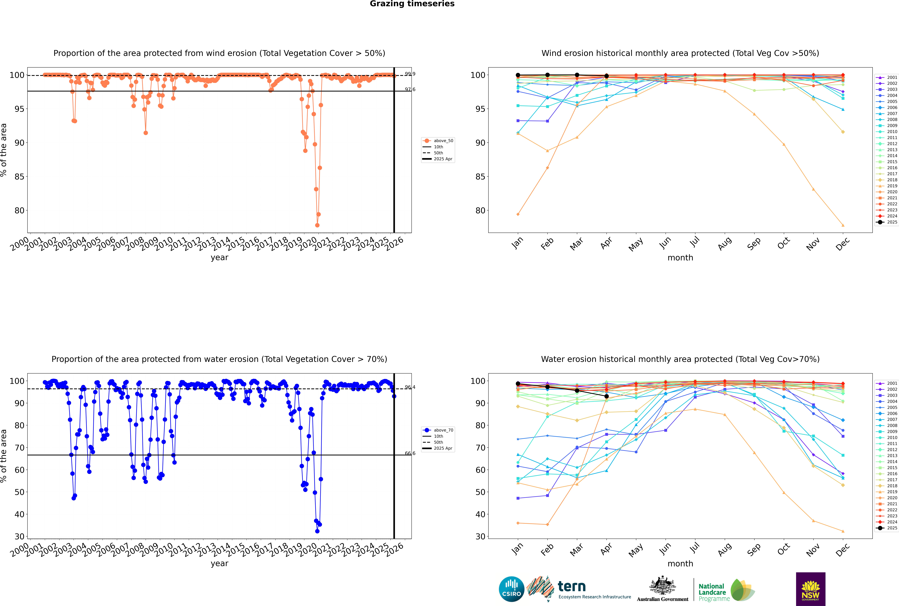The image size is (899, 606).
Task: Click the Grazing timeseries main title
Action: tap(412, 4)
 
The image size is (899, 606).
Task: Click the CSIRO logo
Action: tap(511, 589)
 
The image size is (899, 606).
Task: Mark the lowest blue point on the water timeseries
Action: tap(317, 531)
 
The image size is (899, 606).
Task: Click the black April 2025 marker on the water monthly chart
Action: tap(606, 396)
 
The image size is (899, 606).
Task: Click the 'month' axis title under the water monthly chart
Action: tap(680, 564)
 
